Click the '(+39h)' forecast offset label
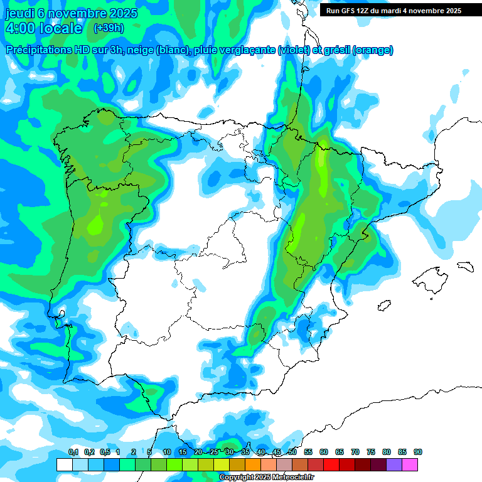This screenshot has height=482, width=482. pos(109,28)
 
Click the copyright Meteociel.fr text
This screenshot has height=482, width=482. pos(267,478)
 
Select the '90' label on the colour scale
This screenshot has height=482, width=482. pos(418,452)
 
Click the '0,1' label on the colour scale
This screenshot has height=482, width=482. pos(73,452)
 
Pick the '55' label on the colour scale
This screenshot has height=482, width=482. pos(308,452)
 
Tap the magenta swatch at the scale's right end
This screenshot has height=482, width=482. pos(410,464)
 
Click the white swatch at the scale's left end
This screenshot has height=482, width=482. pos(64,464)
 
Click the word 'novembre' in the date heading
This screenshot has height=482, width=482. pos(77,13)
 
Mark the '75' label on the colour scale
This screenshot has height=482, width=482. pos(371,452)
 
